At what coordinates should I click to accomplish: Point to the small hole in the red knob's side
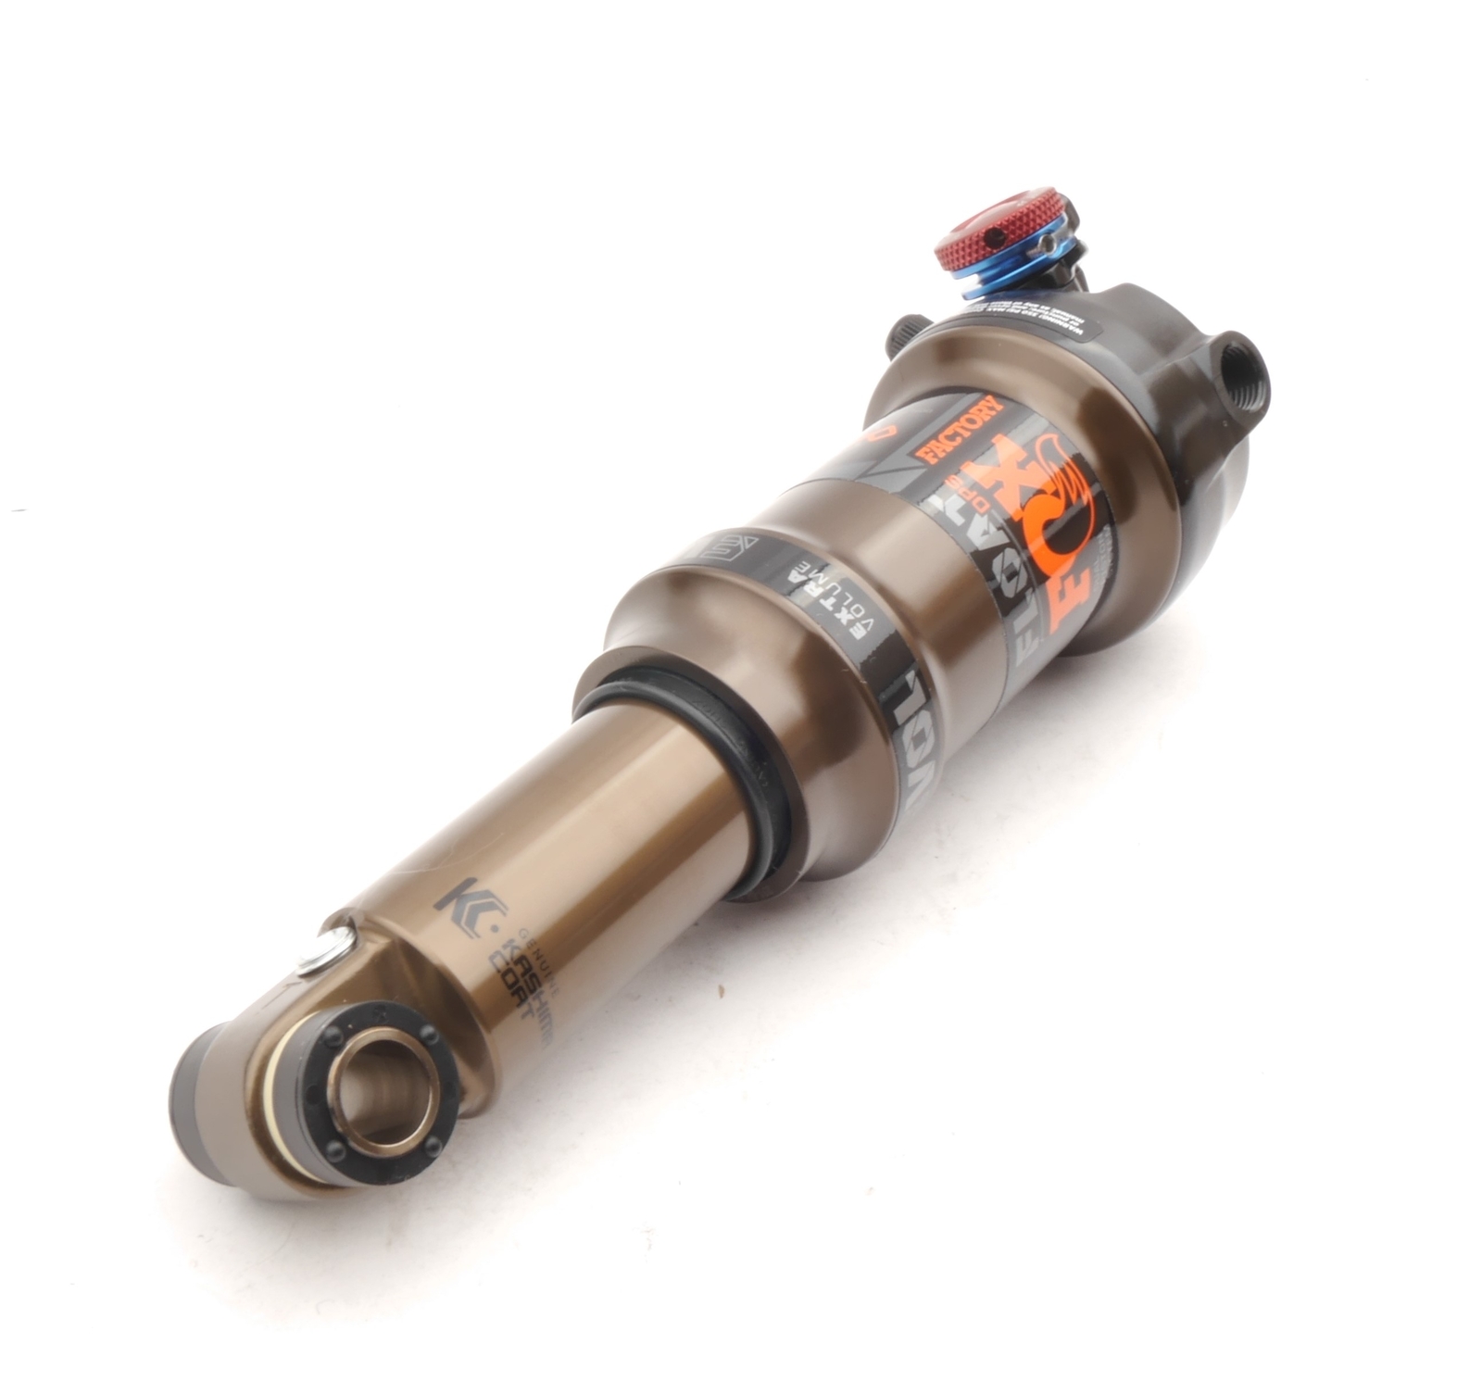(995, 240)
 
